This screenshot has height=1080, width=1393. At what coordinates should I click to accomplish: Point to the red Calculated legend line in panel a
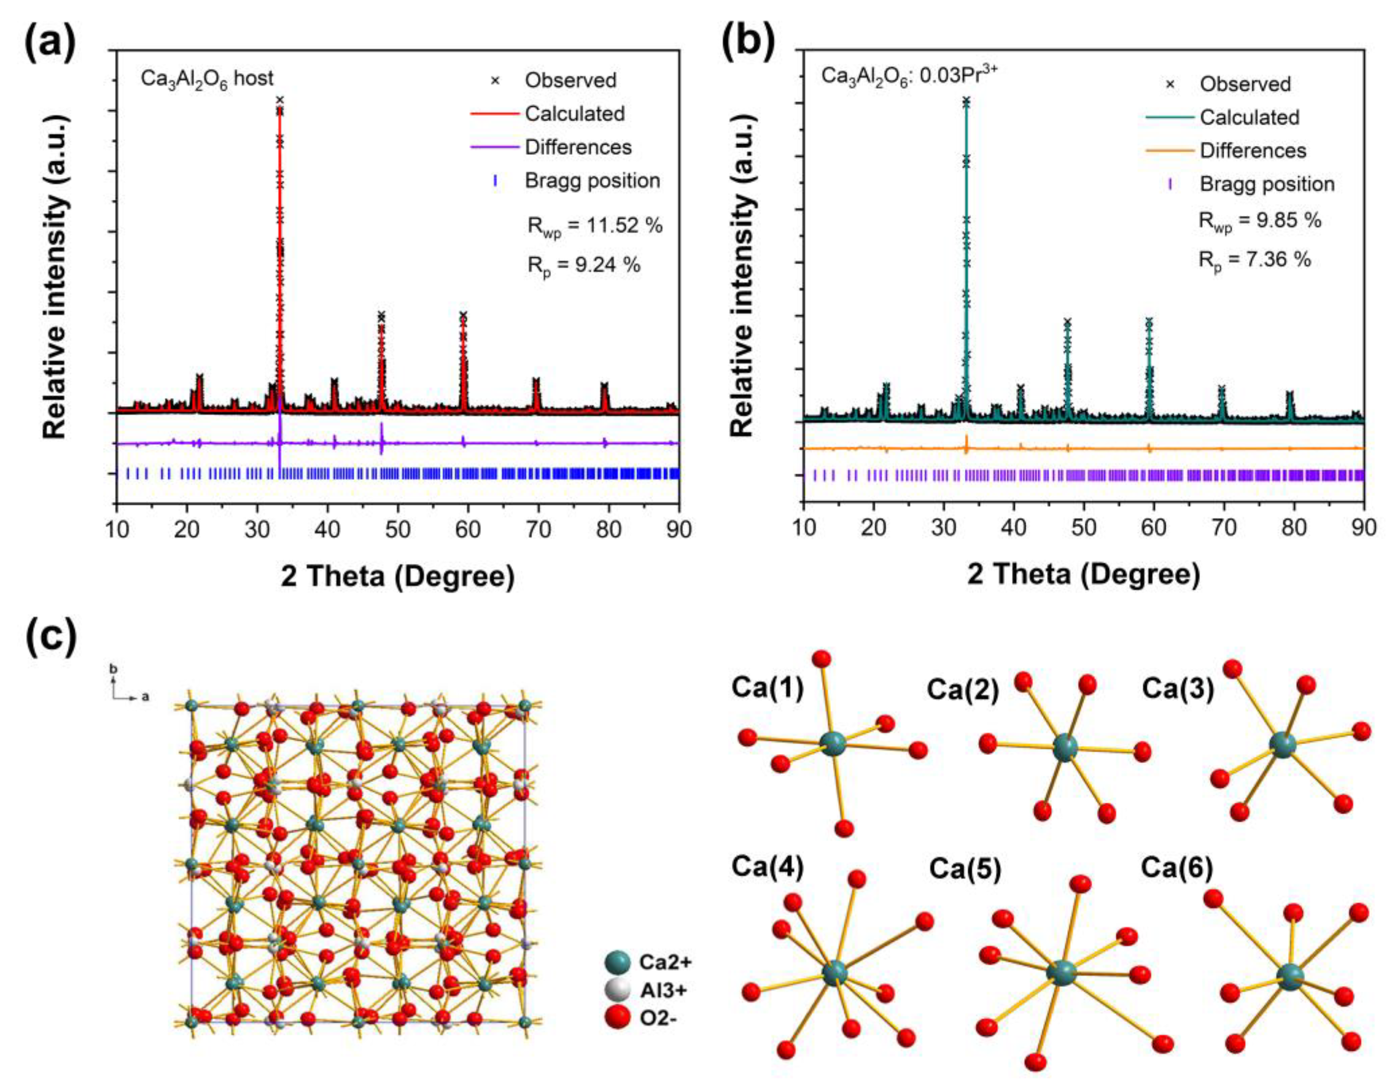495,114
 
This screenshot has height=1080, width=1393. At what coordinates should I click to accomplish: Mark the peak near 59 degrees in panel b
1149,322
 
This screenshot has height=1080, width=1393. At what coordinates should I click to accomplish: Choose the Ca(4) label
767,866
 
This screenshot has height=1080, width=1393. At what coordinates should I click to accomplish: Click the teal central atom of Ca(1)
832,744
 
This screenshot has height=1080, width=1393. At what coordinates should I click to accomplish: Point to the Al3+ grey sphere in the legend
617,991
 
